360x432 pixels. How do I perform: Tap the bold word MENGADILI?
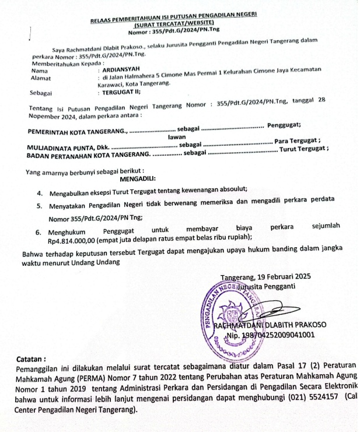tap(142, 179)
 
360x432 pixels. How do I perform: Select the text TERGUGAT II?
tap(121, 92)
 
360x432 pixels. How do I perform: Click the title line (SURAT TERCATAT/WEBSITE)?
tap(174, 25)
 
